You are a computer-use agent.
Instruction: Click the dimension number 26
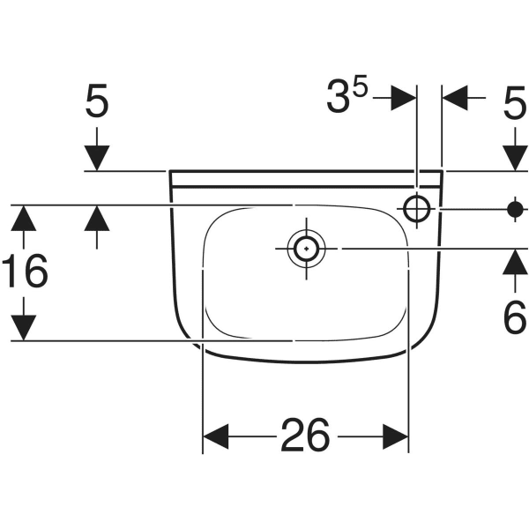click(305, 435)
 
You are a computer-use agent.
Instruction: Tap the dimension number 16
click(25, 271)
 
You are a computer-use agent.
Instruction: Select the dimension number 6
click(515, 317)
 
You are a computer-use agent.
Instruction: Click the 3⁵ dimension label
click(346, 96)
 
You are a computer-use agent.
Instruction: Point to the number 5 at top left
click(97, 101)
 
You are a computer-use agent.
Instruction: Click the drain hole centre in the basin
click(306, 249)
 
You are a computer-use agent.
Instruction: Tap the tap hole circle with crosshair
click(417, 209)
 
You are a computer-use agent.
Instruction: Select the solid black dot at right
click(515, 209)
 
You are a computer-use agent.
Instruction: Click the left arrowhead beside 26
click(216, 436)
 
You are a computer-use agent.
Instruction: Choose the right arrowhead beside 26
click(396, 436)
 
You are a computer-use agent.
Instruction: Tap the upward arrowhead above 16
click(23, 218)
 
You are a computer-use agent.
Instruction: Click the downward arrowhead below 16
click(23, 328)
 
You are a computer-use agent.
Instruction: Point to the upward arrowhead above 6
click(515, 262)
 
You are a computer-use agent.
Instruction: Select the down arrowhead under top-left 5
click(97, 158)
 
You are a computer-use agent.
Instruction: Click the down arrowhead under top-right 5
click(515, 158)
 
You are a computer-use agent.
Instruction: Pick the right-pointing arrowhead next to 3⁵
click(404, 98)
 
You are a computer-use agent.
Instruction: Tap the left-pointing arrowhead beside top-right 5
click(455, 98)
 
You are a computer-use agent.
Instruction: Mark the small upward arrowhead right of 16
click(97, 218)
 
